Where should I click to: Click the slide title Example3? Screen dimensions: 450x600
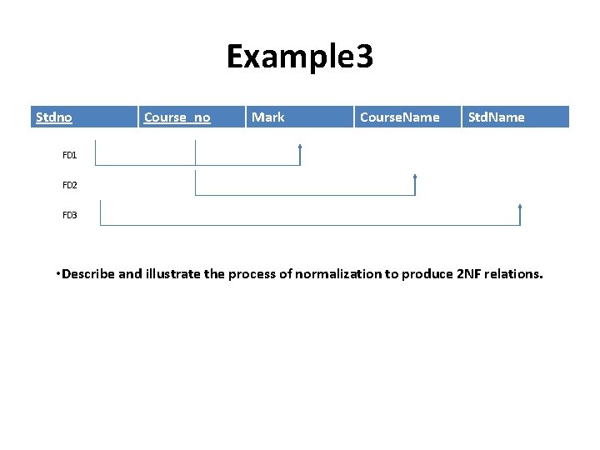click(x=300, y=57)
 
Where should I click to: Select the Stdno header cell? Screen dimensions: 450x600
click(x=54, y=117)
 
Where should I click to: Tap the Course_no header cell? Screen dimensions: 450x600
click(x=177, y=117)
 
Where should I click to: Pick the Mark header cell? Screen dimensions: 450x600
click(x=267, y=117)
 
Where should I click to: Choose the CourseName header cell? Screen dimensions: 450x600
click(x=399, y=117)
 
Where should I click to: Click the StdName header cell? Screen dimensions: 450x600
click(x=497, y=117)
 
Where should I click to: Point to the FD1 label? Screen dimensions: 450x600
click(x=69, y=155)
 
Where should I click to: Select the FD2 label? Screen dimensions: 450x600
click(x=69, y=185)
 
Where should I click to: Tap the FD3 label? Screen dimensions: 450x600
click(x=69, y=215)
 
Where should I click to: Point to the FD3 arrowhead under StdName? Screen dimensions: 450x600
click(x=520, y=207)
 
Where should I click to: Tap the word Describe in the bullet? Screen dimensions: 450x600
click(x=88, y=273)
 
